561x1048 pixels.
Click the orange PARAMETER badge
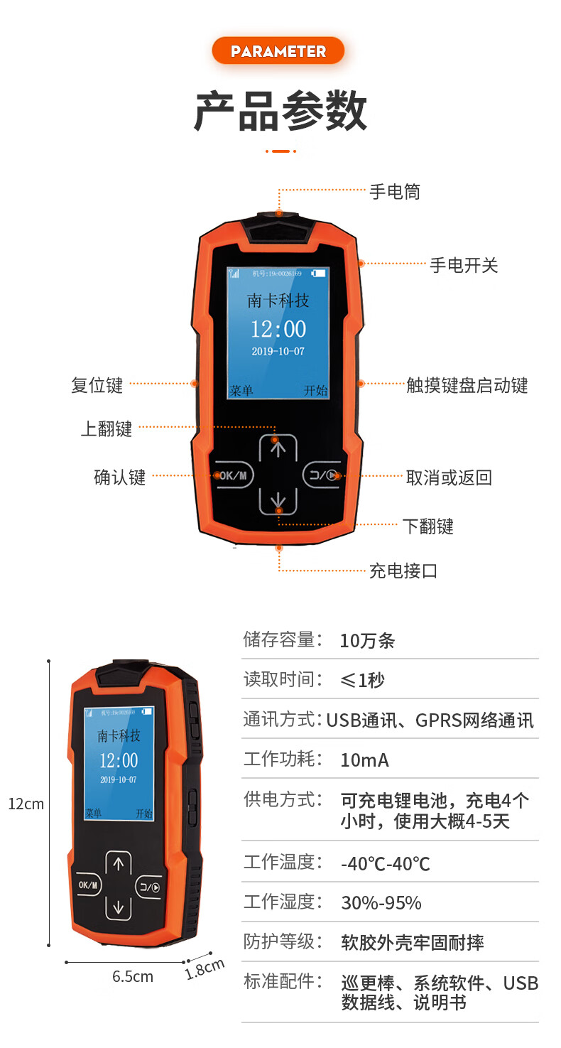point(278,51)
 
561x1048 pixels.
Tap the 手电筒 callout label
point(395,191)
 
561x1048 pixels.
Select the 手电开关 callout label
point(464,265)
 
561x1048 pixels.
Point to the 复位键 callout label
point(97,385)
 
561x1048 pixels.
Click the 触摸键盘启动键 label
point(467,385)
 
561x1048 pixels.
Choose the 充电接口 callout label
point(403,571)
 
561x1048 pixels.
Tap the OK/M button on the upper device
point(233,475)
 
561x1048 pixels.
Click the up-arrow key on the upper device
point(278,448)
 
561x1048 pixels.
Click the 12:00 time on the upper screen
point(278,329)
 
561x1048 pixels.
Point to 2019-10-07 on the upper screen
point(278,351)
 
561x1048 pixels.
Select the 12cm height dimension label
point(26,804)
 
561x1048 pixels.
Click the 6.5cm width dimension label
point(133,976)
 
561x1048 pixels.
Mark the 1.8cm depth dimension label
point(205,969)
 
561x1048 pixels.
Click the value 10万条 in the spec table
point(367,641)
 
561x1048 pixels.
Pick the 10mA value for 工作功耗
point(364,760)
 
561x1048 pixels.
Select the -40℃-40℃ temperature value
point(386,864)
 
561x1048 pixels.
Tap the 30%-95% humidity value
point(381,903)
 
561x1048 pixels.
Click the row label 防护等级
point(278,941)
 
